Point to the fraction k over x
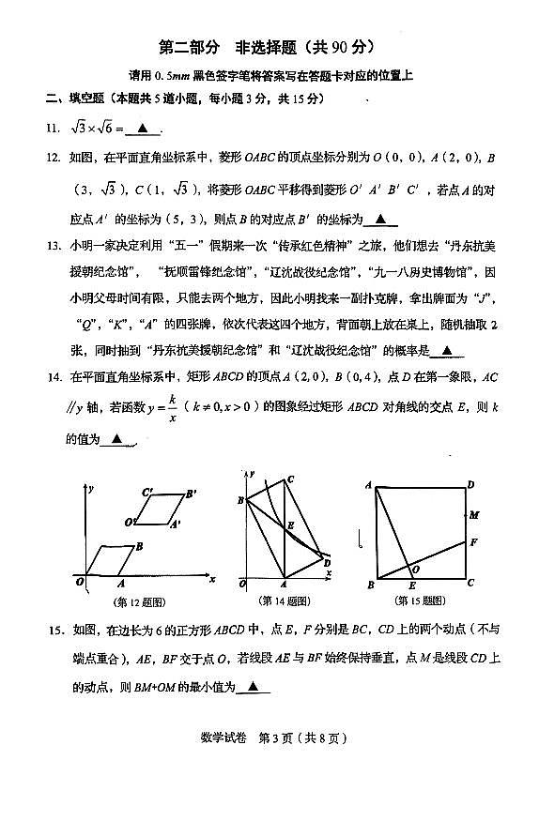coord(172,408)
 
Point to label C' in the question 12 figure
coord(147,492)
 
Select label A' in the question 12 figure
coord(175,525)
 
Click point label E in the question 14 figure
coord(290,525)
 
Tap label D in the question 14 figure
coord(327,562)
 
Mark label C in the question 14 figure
coord(291,480)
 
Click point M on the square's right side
coord(474,515)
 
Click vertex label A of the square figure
coord(369,484)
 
